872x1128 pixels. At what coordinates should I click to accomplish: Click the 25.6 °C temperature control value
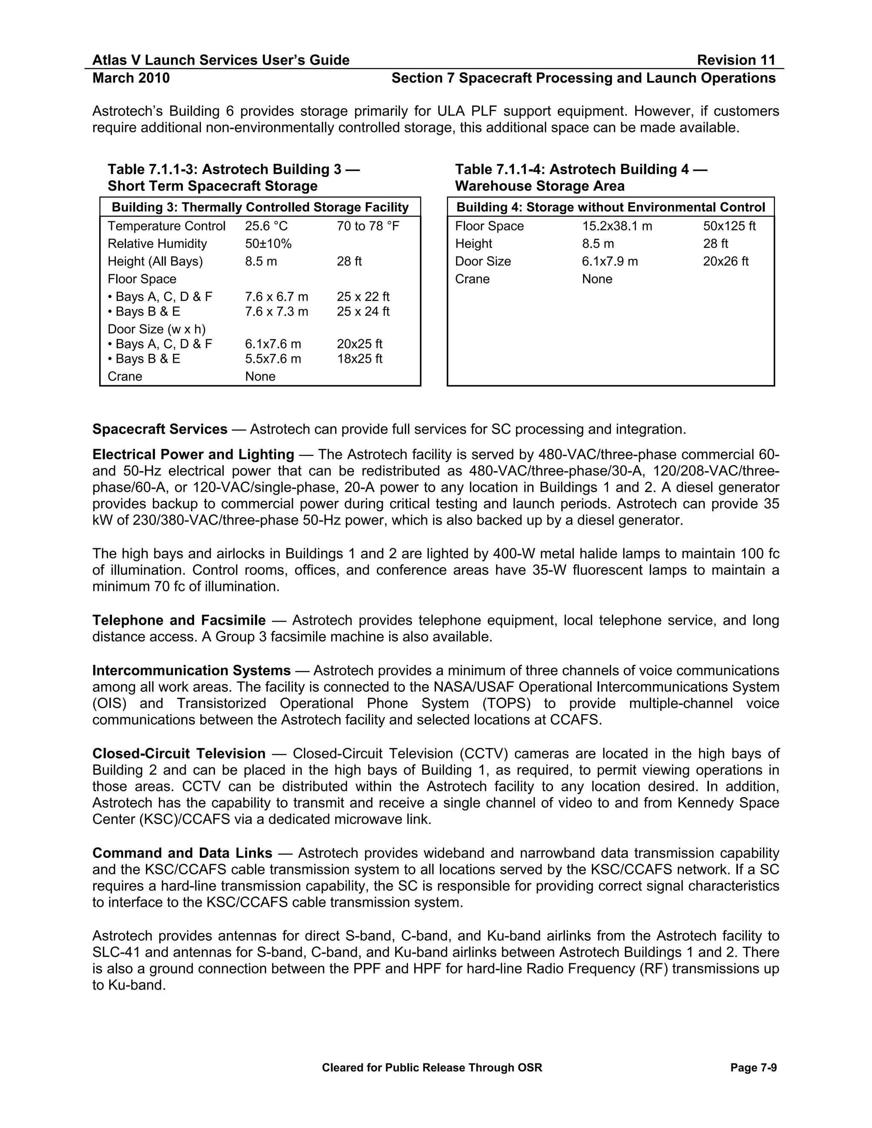click(266, 226)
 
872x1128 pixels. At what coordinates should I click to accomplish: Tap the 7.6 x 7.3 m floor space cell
click(276, 312)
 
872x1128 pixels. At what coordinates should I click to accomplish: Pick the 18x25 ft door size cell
click(359, 359)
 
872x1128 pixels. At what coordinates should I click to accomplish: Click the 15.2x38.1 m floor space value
click(617, 226)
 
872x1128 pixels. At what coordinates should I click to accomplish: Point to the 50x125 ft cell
click(729, 226)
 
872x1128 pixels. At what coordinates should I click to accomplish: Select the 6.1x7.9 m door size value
click(610, 261)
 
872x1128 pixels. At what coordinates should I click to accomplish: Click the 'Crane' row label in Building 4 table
click(472, 279)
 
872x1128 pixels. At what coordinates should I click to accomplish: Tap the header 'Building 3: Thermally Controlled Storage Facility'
click(260, 208)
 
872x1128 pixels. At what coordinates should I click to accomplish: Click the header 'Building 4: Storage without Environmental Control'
click(611, 208)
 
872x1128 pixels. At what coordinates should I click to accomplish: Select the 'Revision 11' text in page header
click(736, 60)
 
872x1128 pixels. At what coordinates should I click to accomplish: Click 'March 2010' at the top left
click(131, 78)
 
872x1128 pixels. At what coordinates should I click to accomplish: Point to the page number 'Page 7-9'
click(753, 1068)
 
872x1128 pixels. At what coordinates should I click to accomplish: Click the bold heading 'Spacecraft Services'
click(160, 429)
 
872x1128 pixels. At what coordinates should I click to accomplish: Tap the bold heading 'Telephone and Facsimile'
click(179, 620)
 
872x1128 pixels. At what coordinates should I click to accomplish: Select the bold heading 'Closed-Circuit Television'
click(179, 753)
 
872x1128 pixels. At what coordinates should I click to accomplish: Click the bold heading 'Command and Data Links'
click(182, 853)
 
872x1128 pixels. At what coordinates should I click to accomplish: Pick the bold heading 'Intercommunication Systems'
click(191, 670)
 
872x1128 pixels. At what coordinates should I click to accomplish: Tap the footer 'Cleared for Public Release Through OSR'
click(432, 1068)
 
